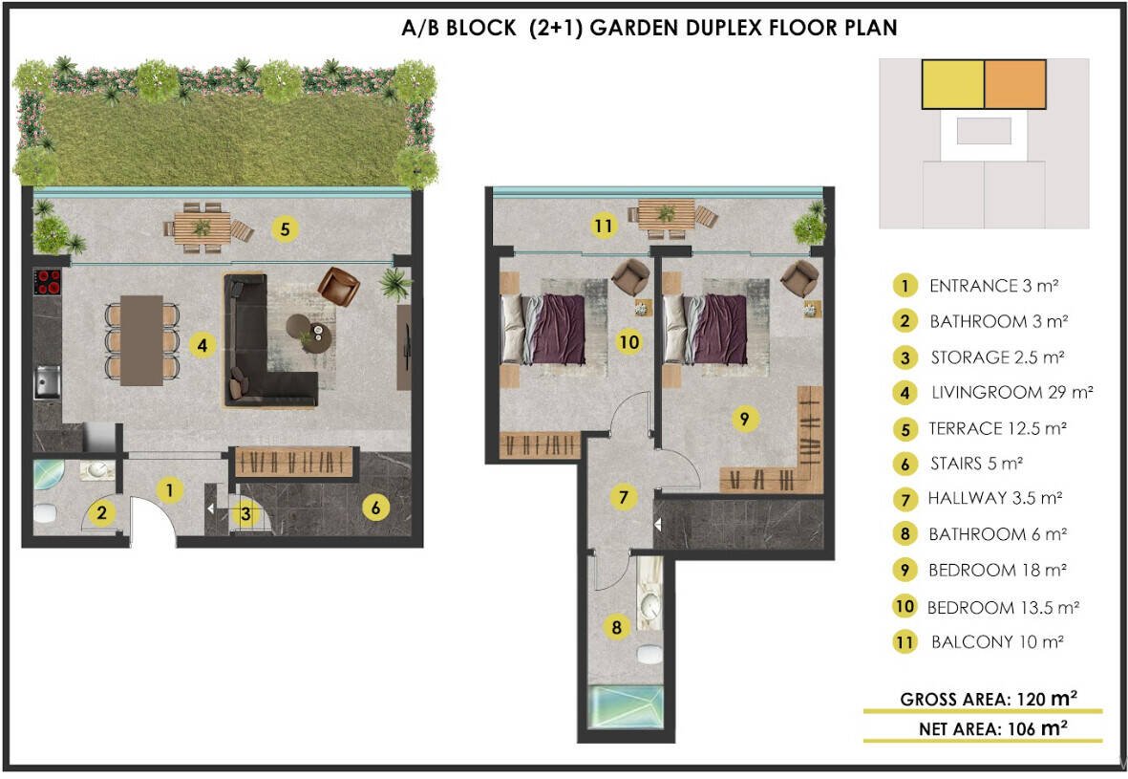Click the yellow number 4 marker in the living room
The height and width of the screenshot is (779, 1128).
pyautogui.click(x=202, y=346)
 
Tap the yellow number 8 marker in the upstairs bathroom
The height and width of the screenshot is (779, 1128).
pyautogui.click(x=616, y=627)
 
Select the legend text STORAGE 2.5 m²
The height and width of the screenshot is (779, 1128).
pyautogui.click(x=997, y=357)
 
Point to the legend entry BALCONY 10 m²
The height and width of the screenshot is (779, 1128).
pyautogui.click(x=997, y=641)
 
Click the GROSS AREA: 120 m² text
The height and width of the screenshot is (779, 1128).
pyautogui.click(x=989, y=699)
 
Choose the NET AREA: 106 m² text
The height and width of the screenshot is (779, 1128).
pyautogui.click(x=992, y=728)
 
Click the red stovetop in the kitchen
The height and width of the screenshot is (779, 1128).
pyautogui.click(x=48, y=282)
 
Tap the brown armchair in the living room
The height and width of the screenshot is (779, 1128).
pyautogui.click(x=339, y=286)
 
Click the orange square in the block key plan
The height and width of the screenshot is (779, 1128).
pyautogui.click(x=1015, y=84)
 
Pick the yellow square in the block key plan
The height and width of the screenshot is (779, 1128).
pyautogui.click(x=952, y=84)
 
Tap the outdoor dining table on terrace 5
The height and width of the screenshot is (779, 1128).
pyautogui.click(x=202, y=228)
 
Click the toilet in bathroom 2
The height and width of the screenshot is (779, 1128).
pyautogui.click(x=45, y=514)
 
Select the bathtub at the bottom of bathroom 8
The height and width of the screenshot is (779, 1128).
pyautogui.click(x=626, y=707)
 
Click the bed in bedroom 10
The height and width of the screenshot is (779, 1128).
pyautogui.click(x=543, y=328)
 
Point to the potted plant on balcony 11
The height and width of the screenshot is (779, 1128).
pyautogui.click(x=811, y=225)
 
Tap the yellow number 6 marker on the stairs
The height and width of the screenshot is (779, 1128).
pyautogui.click(x=375, y=508)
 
